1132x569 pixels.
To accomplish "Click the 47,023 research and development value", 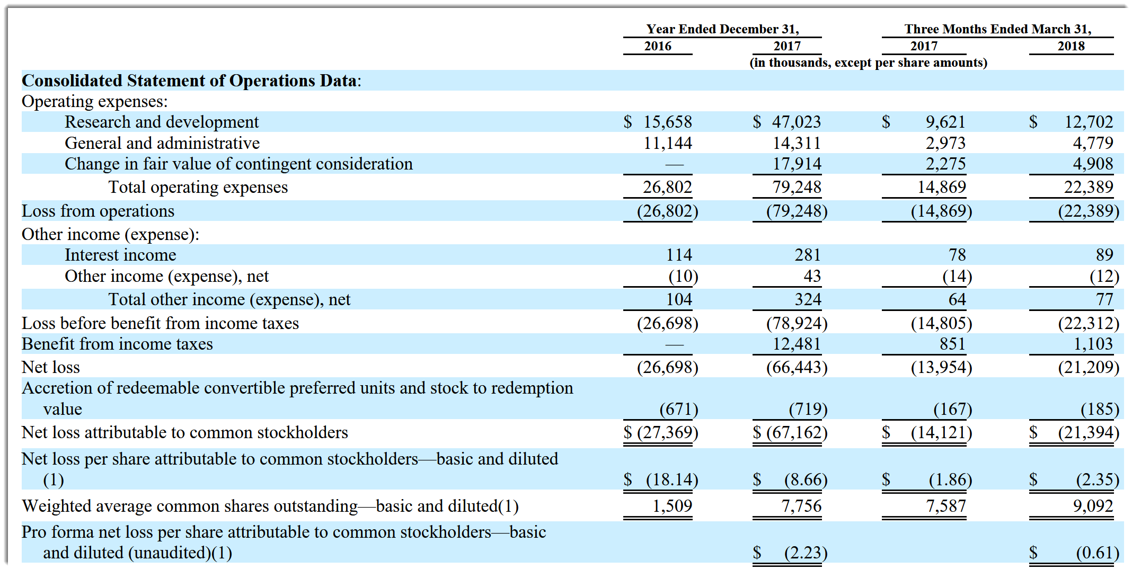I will click(795, 122).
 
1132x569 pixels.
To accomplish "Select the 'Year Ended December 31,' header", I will click(722, 29).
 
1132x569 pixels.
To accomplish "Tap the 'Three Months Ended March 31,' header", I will click(997, 29).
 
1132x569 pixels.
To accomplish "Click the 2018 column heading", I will click(1071, 46).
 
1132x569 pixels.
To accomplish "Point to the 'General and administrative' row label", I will click(162, 143).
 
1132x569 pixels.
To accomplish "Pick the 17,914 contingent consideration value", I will click(796, 164).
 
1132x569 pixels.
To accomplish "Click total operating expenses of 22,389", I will click(1088, 187).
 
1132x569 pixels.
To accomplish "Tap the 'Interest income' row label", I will click(120, 255).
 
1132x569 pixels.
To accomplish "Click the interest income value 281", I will click(807, 255).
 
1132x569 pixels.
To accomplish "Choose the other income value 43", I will click(811, 276).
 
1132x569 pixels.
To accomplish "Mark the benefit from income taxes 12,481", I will click(796, 344).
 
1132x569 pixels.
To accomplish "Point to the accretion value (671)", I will click(678, 409).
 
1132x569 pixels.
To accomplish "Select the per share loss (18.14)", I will click(671, 479).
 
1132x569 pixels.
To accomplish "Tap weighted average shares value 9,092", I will click(1092, 506).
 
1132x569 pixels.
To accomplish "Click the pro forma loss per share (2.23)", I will click(806, 553).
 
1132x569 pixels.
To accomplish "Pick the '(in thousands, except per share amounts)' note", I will click(868, 63).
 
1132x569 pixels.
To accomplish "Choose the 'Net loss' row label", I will click(51, 367).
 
